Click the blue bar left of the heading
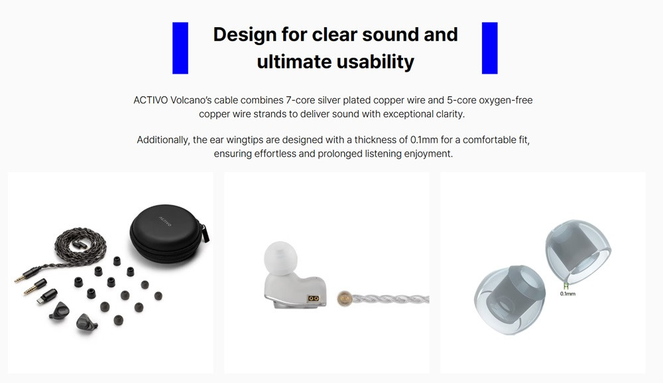tap(180, 48)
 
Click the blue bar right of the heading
tap(490, 48)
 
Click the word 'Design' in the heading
tap(245, 35)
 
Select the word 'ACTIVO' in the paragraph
tap(151, 100)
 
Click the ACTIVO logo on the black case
tap(165, 221)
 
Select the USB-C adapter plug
tap(46, 296)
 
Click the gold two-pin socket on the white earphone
tap(314, 298)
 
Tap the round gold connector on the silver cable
tap(345, 298)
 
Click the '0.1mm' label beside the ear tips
tap(568, 293)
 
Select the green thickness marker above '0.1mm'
tap(566, 286)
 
